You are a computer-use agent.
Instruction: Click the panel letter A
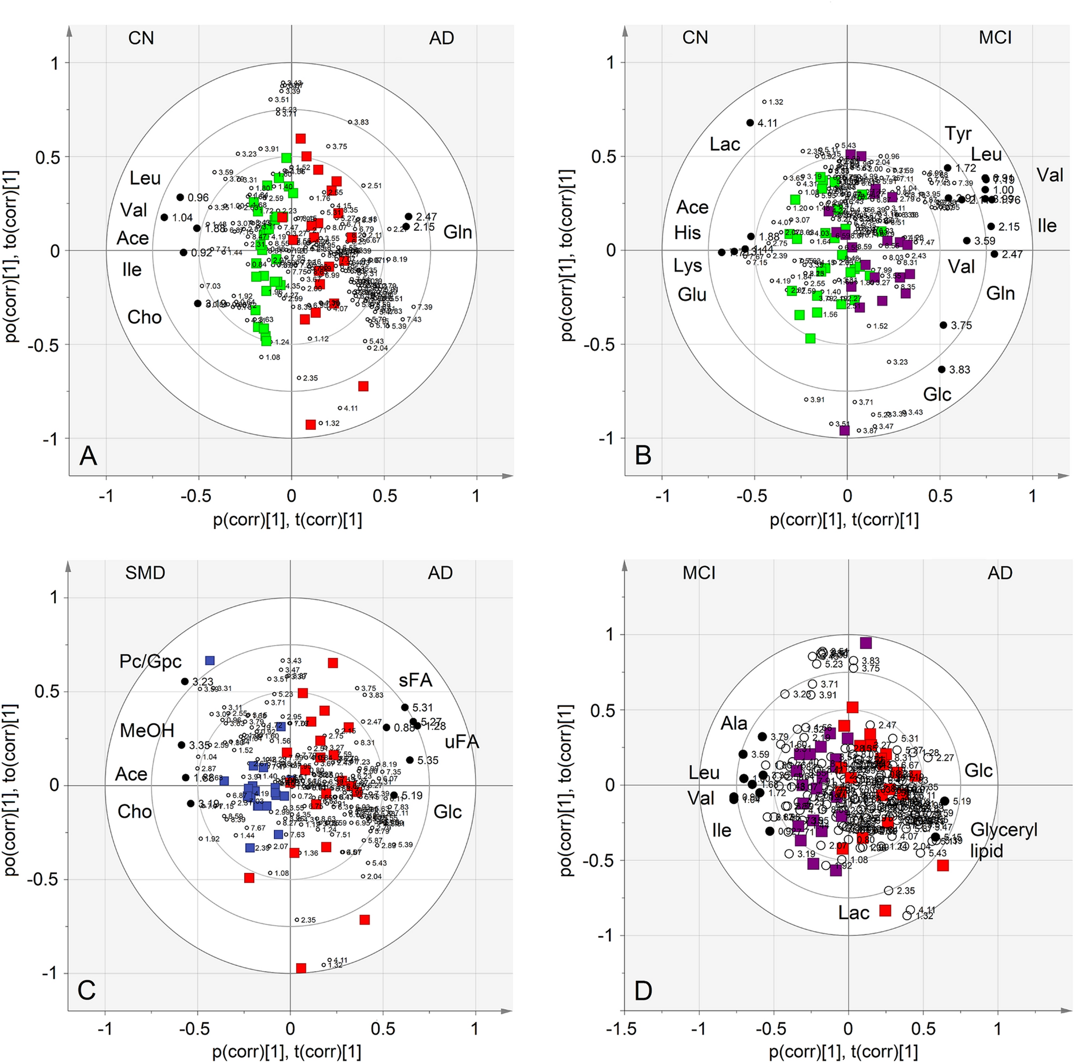pos(89,456)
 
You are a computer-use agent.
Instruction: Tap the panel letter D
pos(643,990)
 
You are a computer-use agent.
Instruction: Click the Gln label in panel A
pos(457,232)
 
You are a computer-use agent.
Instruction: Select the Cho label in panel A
pos(144,317)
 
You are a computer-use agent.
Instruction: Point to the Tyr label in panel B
pos(958,134)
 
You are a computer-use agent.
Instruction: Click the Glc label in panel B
pos(937,394)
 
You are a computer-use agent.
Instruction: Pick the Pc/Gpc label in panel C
pos(150,661)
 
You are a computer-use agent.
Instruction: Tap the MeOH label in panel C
pos(147,730)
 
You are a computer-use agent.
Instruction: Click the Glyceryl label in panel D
pos(1003,830)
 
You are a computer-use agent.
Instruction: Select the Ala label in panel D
pos(734,723)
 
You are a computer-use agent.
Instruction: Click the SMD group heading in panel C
pos(145,573)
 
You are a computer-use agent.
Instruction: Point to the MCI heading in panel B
pos(995,38)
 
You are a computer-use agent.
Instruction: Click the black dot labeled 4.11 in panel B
pos(750,123)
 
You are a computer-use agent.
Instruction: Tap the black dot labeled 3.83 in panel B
pos(941,370)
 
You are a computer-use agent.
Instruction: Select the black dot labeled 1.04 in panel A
pos(165,217)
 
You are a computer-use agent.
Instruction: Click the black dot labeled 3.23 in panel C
pos(185,681)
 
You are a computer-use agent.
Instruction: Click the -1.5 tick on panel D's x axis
pos(621,1029)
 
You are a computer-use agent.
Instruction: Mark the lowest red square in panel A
pos(311,424)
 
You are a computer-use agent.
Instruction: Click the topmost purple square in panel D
pos(866,643)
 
